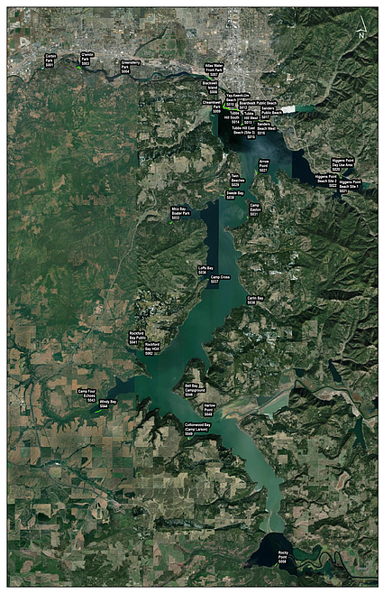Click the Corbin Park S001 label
coord(50,60)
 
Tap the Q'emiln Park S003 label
coord(87,59)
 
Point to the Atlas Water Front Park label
coord(214,68)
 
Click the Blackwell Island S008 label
coord(211,87)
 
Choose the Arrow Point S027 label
coord(263,165)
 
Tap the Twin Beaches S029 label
coord(235,180)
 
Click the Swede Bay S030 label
coord(235,194)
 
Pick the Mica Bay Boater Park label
coord(180,213)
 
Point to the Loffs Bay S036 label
coord(205,271)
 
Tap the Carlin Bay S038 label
coord(255,300)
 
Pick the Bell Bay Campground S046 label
coord(193,389)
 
